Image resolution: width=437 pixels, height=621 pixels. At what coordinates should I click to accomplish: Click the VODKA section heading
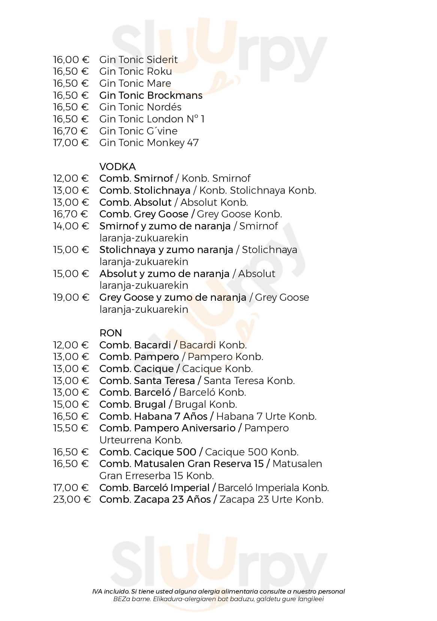(x=117, y=166)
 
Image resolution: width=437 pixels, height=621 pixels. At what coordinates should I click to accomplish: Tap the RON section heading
(x=111, y=333)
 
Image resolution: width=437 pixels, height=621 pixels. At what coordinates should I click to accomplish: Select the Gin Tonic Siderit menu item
(x=138, y=60)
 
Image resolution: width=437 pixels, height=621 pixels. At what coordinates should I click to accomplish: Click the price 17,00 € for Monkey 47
(x=71, y=143)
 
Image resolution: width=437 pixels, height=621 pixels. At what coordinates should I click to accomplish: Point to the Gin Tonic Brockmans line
(x=151, y=95)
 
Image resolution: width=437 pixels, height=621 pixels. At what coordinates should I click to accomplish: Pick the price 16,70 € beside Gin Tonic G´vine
(x=71, y=131)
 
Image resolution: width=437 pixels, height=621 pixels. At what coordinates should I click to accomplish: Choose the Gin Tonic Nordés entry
(x=140, y=107)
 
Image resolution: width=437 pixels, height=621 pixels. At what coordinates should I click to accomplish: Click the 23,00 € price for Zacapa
(x=72, y=499)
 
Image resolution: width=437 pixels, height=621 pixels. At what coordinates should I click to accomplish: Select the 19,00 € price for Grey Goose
(x=71, y=297)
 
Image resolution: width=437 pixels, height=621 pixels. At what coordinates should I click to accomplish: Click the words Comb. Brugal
(x=132, y=404)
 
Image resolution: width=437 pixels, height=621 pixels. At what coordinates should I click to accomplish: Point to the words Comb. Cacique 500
(x=148, y=452)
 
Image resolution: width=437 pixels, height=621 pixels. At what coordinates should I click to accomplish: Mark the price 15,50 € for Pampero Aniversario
(x=71, y=428)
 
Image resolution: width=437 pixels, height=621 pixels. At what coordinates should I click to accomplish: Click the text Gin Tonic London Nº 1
(x=152, y=119)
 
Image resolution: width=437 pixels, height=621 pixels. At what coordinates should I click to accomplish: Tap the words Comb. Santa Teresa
(x=147, y=381)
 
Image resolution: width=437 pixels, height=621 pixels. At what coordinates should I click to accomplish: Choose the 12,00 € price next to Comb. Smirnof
(x=71, y=178)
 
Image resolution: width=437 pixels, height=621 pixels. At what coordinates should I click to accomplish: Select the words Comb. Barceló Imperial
(x=154, y=488)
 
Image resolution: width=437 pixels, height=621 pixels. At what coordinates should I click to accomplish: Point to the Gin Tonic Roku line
(x=135, y=71)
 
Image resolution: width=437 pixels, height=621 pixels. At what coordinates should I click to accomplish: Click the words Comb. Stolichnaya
(x=145, y=190)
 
